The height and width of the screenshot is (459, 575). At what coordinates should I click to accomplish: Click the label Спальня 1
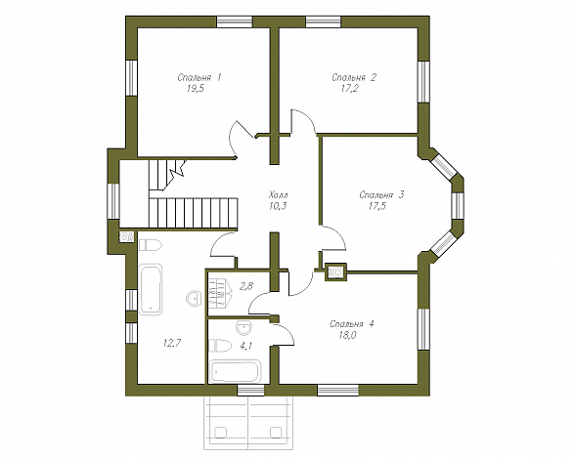coord(199,78)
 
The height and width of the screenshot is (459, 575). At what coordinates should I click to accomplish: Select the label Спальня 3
coord(381,195)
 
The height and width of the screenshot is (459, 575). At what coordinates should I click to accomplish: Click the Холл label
coord(279,194)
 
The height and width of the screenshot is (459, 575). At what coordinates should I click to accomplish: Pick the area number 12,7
coord(172,343)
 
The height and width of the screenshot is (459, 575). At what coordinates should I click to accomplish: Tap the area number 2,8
coord(246,286)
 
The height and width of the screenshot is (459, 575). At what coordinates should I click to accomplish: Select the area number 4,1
coord(245,346)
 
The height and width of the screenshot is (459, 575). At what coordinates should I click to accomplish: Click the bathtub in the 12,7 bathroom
coord(151,289)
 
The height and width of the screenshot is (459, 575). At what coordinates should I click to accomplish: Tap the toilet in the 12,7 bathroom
coord(150,245)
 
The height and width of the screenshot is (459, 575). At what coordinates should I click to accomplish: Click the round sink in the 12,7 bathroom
coord(194,298)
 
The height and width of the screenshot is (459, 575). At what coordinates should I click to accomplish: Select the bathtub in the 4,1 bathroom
coord(235,372)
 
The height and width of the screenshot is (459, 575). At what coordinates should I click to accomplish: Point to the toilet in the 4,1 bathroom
coord(220,346)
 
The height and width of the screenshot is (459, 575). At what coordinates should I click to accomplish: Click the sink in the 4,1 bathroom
coord(243,327)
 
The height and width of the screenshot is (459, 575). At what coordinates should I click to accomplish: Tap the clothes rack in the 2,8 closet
coord(220,293)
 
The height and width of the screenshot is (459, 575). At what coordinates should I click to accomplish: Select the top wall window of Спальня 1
coord(235,21)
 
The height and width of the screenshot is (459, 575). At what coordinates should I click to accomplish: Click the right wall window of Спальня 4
coord(423,329)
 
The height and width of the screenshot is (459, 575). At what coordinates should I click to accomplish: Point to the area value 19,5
coord(196,89)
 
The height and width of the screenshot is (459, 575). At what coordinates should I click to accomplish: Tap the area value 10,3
coord(278,206)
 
